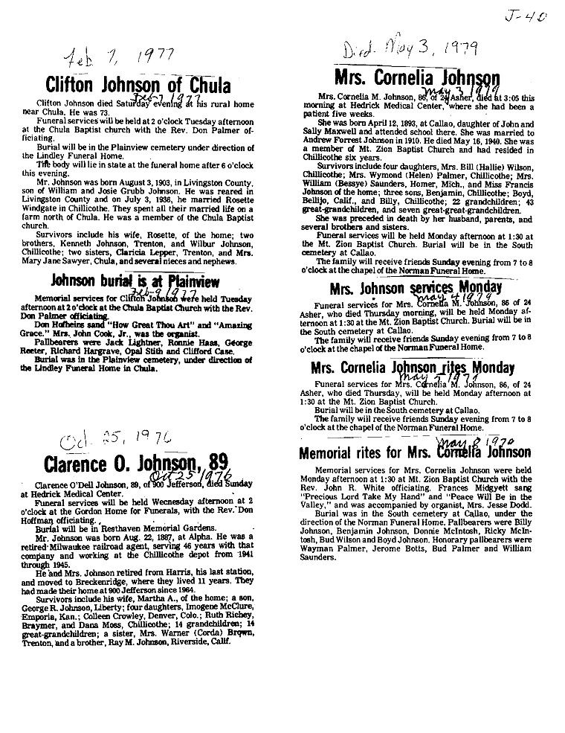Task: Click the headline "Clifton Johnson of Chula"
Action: point(138,83)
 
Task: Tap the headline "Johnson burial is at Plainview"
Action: point(135,281)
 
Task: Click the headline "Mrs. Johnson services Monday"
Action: point(416,288)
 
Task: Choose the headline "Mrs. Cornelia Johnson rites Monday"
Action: point(416,368)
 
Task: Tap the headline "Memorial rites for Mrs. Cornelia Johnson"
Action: point(415,452)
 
